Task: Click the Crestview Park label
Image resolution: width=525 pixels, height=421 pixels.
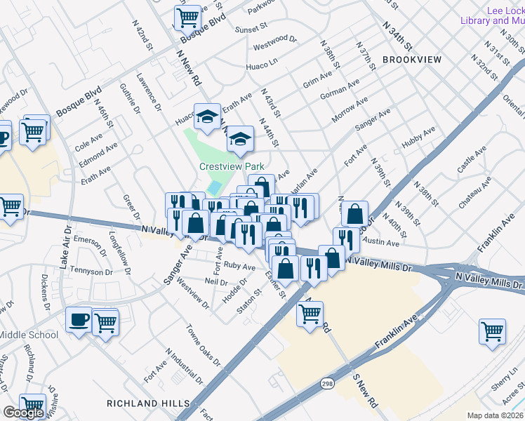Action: [x=231, y=167]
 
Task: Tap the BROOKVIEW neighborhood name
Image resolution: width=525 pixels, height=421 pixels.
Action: [x=413, y=60]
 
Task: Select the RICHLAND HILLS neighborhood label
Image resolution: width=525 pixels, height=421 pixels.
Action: [x=148, y=403]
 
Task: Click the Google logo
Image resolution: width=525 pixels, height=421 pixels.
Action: [x=22, y=413]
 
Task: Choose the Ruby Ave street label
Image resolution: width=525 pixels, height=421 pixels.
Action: [x=239, y=267]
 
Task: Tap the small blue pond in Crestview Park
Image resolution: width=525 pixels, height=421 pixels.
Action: [x=215, y=188]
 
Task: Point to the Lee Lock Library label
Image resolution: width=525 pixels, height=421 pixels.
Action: [x=493, y=15]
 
